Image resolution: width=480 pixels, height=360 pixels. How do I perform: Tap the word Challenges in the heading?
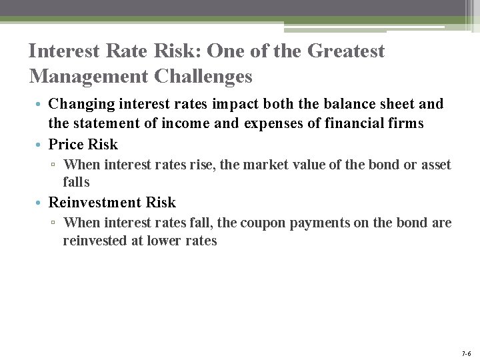(203, 76)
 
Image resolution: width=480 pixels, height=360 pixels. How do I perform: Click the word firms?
(405, 124)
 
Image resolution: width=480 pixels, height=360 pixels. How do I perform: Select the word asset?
(435, 165)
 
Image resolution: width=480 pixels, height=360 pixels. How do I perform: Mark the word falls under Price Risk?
(76, 182)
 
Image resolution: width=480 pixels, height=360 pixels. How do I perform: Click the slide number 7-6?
(465, 353)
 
